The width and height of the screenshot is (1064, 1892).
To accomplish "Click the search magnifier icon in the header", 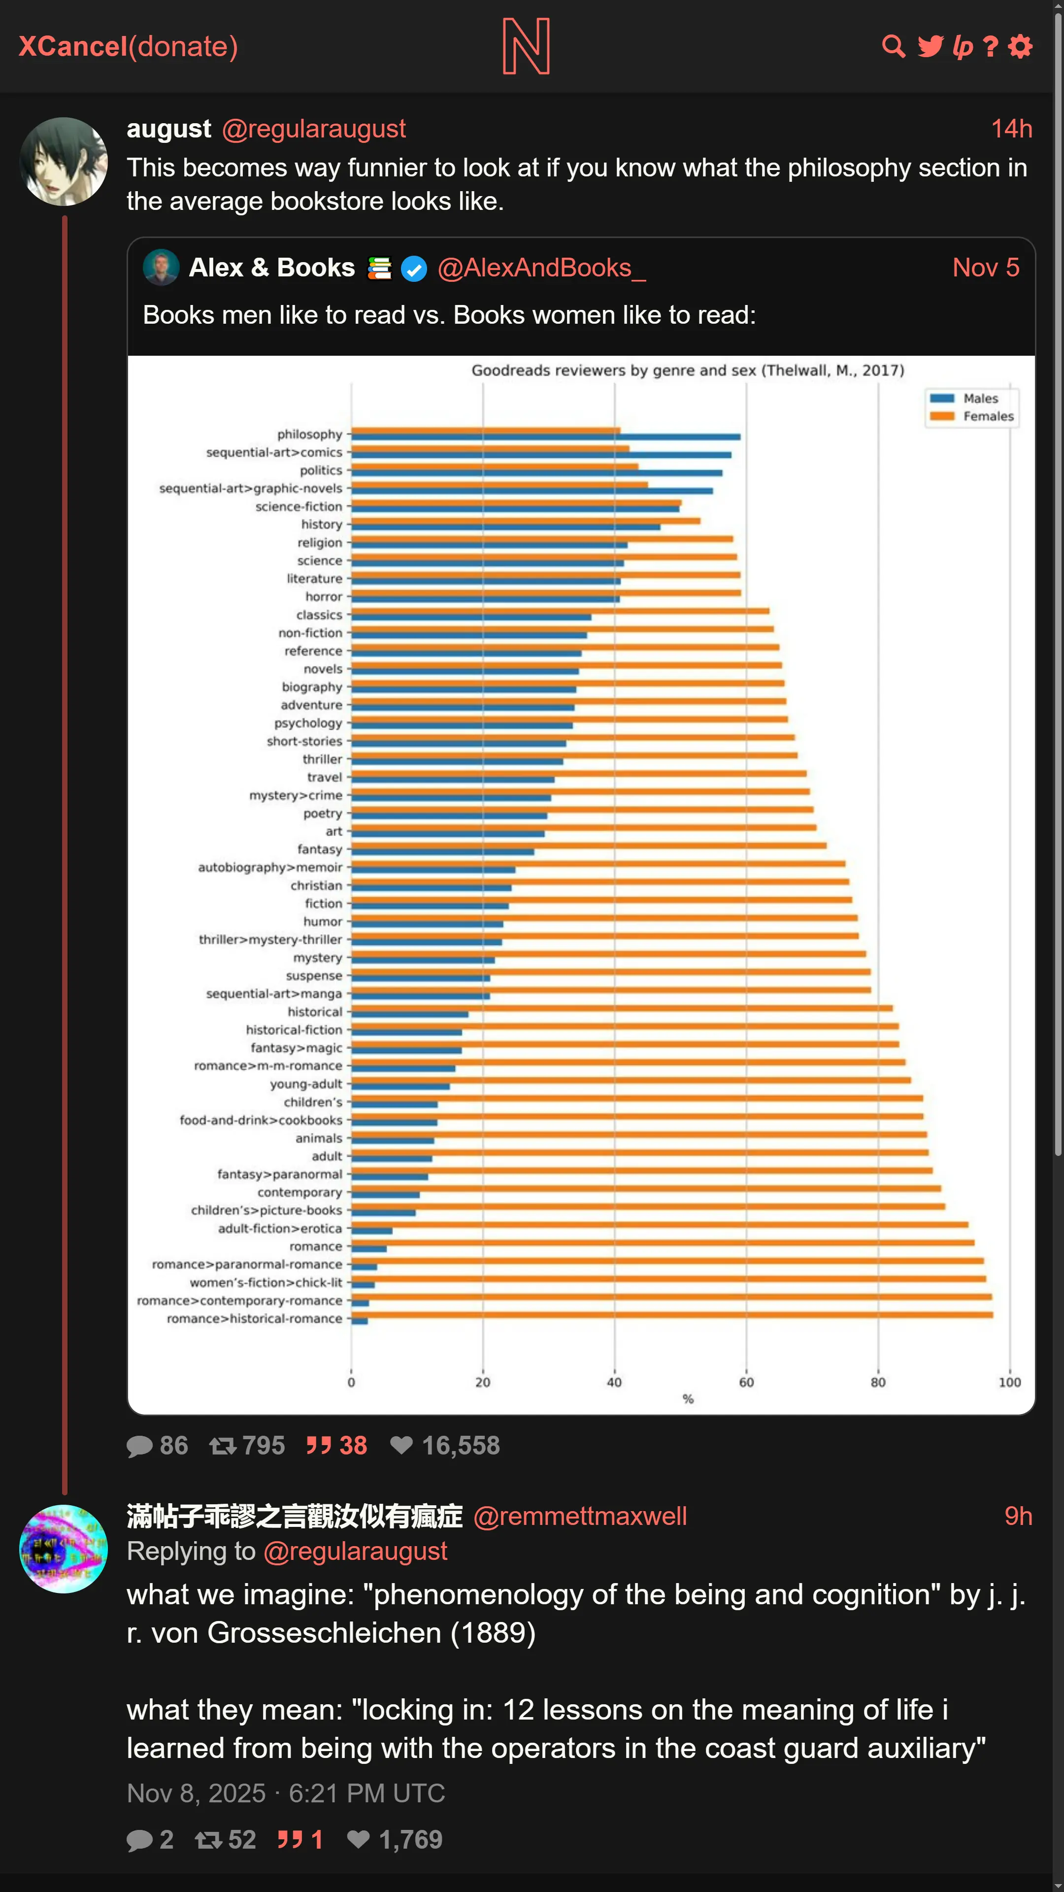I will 893,46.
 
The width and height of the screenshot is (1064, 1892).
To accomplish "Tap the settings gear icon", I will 1020,46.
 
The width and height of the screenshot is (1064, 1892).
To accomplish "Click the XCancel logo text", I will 73,46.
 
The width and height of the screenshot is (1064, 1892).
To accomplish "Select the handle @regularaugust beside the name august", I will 314,129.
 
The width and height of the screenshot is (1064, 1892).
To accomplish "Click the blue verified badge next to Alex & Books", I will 413,269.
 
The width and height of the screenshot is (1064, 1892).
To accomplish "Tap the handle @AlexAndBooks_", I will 541,268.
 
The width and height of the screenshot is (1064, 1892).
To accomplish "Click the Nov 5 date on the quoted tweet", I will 985,268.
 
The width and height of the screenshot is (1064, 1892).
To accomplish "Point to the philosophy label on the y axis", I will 310,434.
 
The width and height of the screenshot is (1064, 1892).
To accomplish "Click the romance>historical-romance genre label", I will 254,1318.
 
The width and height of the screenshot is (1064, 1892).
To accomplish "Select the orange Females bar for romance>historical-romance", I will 672,1315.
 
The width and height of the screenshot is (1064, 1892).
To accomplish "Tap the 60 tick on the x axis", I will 746,1382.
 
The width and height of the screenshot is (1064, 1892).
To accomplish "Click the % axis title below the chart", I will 688,1399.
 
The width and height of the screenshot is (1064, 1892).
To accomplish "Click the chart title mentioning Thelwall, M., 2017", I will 687,370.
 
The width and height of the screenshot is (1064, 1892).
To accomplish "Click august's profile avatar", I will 64,162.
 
